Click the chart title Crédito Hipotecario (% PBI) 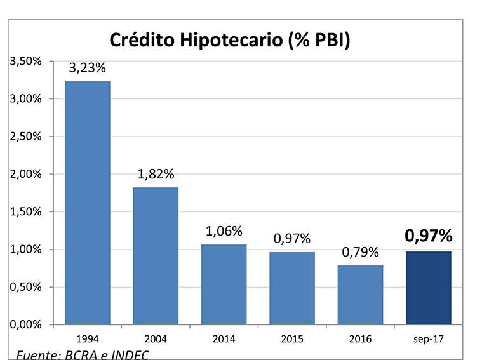click(231, 39)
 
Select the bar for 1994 click(87, 203)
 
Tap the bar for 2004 click(155, 256)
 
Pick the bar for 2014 click(224, 284)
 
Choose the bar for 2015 click(291, 288)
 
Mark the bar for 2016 click(360, 295)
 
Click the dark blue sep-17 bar click(429, 288)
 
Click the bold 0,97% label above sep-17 click(429, 237)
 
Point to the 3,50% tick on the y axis click(25, 62)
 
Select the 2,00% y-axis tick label click(25, 174)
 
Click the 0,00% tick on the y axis click(25, 324)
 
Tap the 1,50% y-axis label click(25, 211)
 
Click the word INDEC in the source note click(131, 354)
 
